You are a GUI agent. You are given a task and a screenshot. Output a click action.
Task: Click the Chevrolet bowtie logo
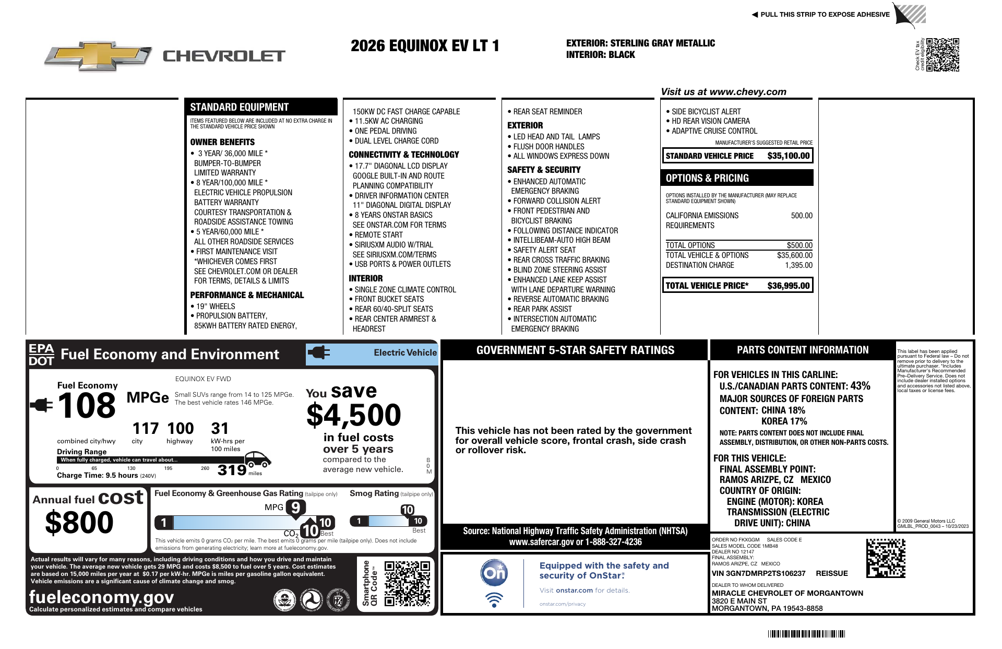pyautogui.click(x=98, y=55)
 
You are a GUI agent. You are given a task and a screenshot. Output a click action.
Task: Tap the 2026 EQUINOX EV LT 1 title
pyautogui.click(x=425, y=46)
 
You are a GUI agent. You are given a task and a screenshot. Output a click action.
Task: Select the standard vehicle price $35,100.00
pyautogui.click(x=788, y=156)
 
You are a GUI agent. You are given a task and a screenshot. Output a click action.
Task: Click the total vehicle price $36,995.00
pyautogui.click(x=788, y=286)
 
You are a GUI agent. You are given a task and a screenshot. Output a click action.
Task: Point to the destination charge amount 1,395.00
pyautogui.click(x=798, y=265)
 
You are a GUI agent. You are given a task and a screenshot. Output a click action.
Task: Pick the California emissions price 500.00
pyautogui.click(x=802, y=216)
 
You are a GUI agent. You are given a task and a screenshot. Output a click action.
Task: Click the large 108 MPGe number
pyautogui.click(x=87, y=406)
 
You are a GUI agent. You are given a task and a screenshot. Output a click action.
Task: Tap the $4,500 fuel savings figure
pyautogui.click(x=353, y=416)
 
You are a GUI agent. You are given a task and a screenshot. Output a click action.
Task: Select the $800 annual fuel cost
pyautogui.click(x=79, y=522)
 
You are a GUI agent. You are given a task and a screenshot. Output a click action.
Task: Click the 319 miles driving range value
pyautogui.click(x=232, y=470)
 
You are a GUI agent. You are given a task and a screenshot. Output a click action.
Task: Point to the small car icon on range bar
pyautogui.click(x=257, y=458)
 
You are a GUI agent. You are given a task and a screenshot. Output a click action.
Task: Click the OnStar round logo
pyautogui.click(x=494, y=573)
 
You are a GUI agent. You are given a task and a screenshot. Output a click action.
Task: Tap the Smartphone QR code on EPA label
pyautogui.click(x=407, y=583)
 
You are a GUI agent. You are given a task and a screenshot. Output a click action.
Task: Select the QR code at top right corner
pyautogui.click(x=943, y=54)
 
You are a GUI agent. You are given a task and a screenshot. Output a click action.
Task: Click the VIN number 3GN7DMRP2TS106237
pyautogui.click(x=758, y=573)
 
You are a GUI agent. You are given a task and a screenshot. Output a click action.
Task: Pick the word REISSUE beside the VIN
pyautogui.click(x=832, y=573)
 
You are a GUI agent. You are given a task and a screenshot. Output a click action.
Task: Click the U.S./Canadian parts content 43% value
pyautogui.click(x=860, y=386)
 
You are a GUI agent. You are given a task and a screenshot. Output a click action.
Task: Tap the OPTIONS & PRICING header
pyautogui.click(x=707, y=178)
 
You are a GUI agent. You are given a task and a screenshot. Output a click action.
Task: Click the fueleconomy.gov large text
pyautogui.click(x=101, y=597)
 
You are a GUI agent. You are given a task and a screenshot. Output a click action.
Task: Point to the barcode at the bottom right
pyautogui.click(x=806, y=634)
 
